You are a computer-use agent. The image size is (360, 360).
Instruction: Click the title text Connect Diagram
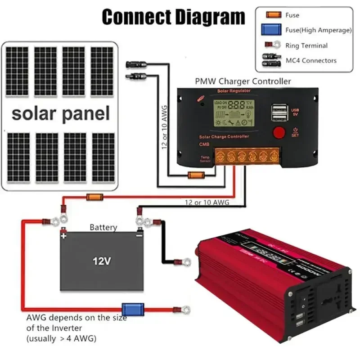(x=173, y=17)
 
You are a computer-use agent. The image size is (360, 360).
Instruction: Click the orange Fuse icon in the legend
(x=272, y=15)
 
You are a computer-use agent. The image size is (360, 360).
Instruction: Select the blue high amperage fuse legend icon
(x=272, y=30)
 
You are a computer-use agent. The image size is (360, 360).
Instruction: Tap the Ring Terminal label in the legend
(x=306, y=45)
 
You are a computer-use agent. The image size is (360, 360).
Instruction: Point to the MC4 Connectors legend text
(x=311, y=60)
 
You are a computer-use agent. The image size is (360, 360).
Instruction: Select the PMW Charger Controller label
(x=243, y=81)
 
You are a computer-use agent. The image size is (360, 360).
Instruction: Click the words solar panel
(x=61, y=113)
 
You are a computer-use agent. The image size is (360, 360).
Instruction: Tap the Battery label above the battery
(x=103, y=227)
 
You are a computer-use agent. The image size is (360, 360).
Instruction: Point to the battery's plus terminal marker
(x=64, y=235)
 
